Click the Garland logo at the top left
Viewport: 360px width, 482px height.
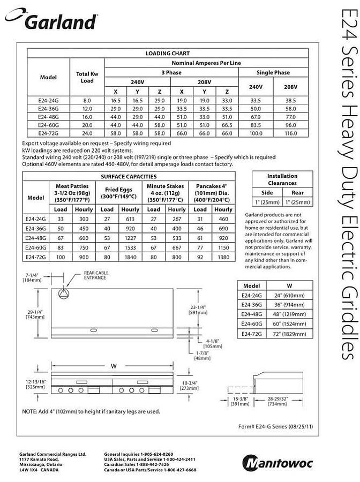tap(51, 21)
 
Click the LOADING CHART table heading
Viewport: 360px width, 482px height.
tap(168, 54)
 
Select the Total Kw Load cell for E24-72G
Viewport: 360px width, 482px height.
tap(87, 132)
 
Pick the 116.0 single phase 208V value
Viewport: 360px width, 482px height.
tap(291, 132)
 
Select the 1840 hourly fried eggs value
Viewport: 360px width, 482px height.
tap(131, 258)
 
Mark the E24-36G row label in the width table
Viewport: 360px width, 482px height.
tap(252, 304)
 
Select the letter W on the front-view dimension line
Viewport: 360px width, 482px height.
tap(114, 366)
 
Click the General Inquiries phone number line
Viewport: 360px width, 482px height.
tap(138, 454)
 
